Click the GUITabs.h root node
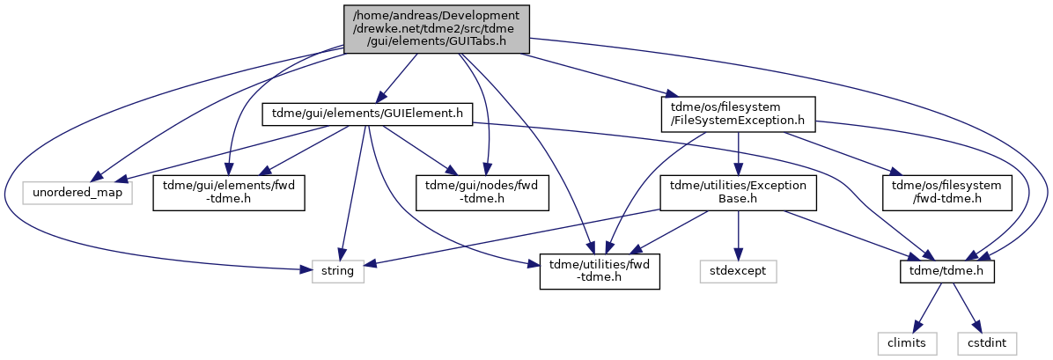pyautogui.click(x=437, y=29)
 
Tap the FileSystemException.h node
pyautogui.click(x=738, y=114)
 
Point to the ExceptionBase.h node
pyautogui.click(x=738, y=194)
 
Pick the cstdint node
pyautogui.click(x=986, y=343)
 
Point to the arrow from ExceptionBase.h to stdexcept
pyautogui.click(x=739, y=236)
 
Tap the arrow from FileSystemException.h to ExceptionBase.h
pyautogui.click(x=739, y=154)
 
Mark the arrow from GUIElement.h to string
pyautogui.click(x=352, y=194)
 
